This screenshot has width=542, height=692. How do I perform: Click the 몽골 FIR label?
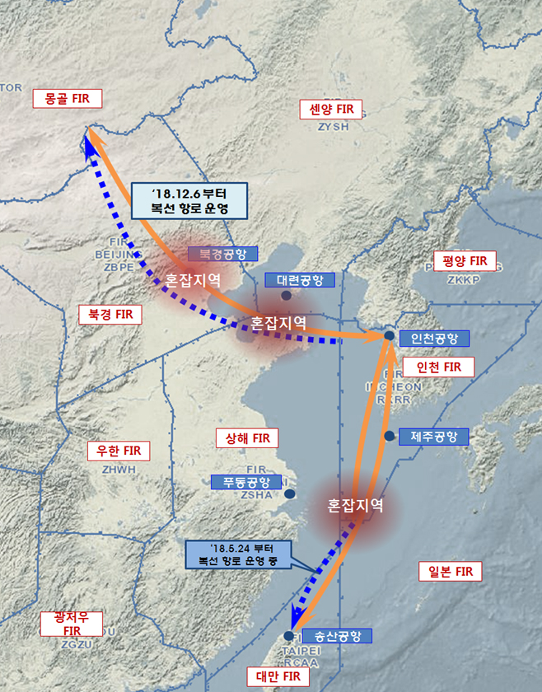click(x=68, y=99)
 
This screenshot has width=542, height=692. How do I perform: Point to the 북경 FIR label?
click(x=110, y=314)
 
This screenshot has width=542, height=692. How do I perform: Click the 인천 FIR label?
click(x=439, y=366)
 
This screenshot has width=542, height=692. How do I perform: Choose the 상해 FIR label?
click(x=247, y=437)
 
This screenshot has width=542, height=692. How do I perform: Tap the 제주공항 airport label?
click(x=433, y=436)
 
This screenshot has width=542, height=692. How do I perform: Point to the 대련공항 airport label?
click(x=300, y=279)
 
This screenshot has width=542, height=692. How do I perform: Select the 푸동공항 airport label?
click(x=246, y=482)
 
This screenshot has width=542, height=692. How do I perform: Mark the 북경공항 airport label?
click(x=223, y=254)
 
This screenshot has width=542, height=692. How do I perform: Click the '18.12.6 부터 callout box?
click(x=189, y=201)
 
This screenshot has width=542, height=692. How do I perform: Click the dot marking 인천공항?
click(x=389, y=336)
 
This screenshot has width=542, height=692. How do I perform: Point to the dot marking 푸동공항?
click(x=290, y=494)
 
